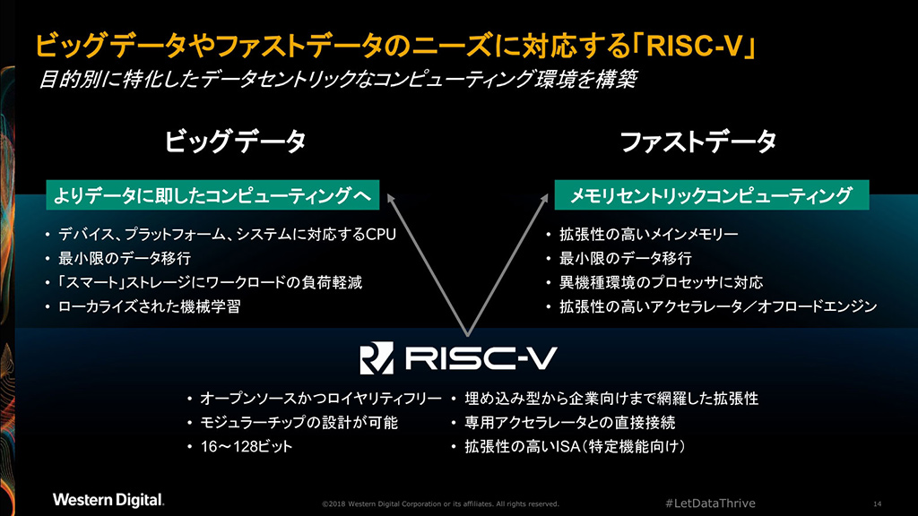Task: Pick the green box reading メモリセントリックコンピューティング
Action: pyautogui.click(x=713, y=194)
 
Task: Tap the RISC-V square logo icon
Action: pyautogui.click(x=377, y=358)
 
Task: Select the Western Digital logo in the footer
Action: pyautogui.click(x=108, y=499)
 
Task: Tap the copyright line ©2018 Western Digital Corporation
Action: pyautogui.click(x=440, y=503)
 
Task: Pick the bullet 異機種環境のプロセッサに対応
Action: pyautogui.click(x=661, y=283)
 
